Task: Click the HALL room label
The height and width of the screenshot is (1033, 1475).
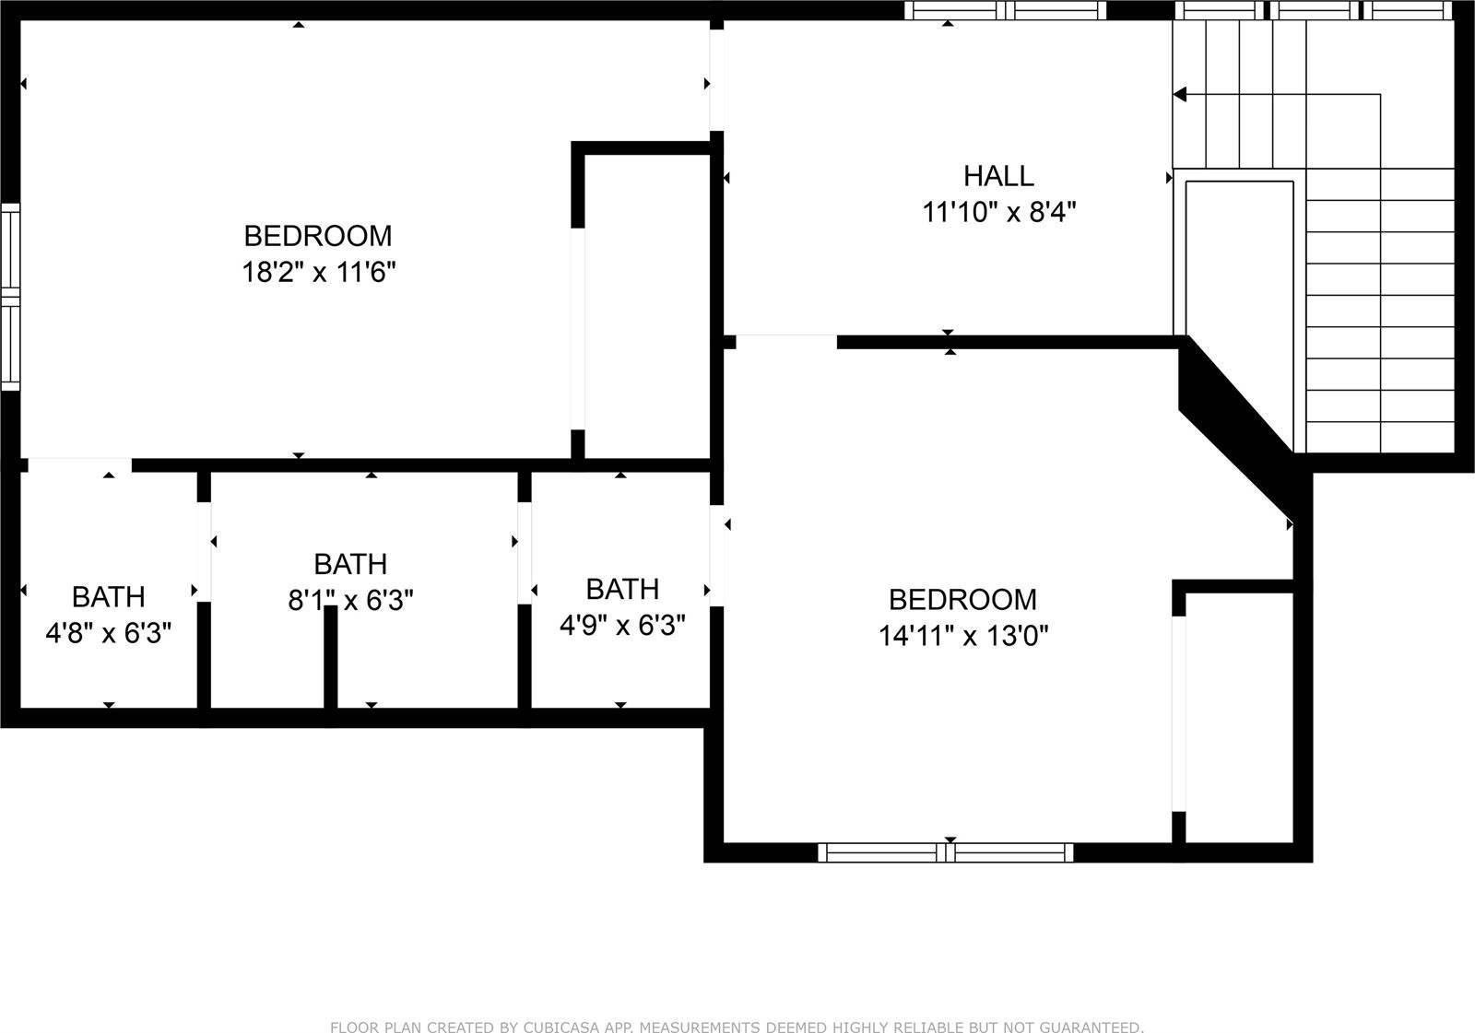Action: (x=998, y=175)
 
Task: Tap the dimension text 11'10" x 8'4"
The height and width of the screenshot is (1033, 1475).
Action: (x=999, y=213)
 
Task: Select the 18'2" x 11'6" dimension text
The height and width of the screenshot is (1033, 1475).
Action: (x=319, y=273)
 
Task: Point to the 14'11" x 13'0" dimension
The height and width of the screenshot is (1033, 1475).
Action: (x=963, y=636)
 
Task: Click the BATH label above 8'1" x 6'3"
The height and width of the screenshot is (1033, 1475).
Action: (x=350, y=564)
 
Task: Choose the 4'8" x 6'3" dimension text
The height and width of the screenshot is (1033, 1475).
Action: (x=109, y=633)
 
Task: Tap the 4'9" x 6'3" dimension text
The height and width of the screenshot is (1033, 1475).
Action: (x=622, y=626)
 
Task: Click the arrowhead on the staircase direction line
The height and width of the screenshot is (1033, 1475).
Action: (x=1180, y=94)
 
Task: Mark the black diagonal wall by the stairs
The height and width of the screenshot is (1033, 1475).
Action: (x=1235, y=405)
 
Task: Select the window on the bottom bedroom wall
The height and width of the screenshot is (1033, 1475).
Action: (x=946, y=852)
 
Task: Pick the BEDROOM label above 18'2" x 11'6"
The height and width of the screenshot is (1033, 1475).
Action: (x=318, y=236)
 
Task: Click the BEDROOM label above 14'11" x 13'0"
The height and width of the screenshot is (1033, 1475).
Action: (x=962, y=600)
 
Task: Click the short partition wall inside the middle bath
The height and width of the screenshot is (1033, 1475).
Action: (x=330, y=656)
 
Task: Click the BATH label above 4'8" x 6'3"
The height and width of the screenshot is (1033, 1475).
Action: (x=109, y=597)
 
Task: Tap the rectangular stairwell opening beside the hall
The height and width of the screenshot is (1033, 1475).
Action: (x=1239, y=258)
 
